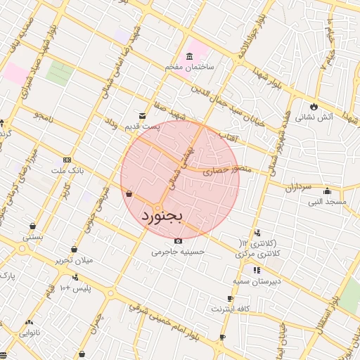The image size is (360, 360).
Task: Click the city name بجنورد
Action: tap(162, 214)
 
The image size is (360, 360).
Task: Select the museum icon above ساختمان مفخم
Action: tap(188, 56)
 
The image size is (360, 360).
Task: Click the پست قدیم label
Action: tap(158, 127)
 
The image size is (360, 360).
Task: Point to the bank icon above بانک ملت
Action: tap(67, 160)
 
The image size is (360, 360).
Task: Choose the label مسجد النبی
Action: tap(327, 202)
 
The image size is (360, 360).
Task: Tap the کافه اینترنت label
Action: tap(230, 309)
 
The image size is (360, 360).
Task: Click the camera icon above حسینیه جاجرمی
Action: tap(177, 240)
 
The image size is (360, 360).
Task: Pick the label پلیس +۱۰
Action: tap(75, 289)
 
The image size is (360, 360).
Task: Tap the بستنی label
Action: tap(33, 237)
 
